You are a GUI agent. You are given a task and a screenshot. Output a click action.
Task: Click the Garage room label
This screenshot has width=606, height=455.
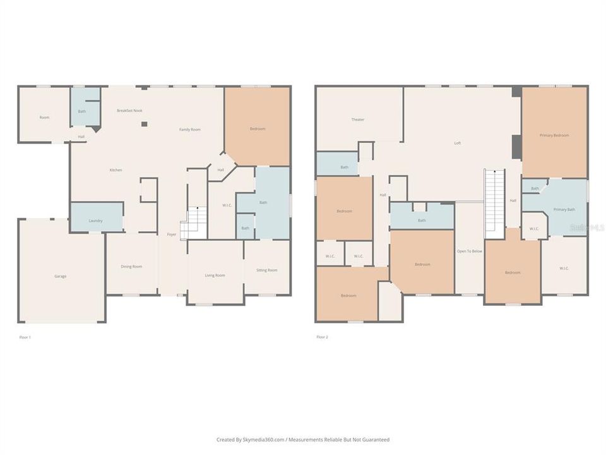(60, 276)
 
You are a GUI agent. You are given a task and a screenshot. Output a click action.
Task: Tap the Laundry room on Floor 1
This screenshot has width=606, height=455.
(95, 221)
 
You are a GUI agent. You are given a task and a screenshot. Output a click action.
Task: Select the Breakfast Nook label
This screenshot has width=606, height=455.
(129, 111)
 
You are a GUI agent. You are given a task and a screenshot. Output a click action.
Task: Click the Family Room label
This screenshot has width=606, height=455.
(189, 130)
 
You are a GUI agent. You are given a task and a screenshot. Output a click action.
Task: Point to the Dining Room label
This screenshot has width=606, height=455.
(131, 267)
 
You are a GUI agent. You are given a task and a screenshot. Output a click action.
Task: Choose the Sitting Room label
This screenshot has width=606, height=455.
(266, 270)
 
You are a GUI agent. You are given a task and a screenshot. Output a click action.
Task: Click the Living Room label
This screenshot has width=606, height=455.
(215, 276)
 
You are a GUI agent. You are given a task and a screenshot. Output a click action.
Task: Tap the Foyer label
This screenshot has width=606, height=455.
(171, 234)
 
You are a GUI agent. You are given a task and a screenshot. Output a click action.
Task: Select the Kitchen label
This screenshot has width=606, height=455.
(116, 170)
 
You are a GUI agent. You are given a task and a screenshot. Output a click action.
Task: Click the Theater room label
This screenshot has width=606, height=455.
(357, 119)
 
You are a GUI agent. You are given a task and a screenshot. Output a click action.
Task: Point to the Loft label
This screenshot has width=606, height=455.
(458, 143)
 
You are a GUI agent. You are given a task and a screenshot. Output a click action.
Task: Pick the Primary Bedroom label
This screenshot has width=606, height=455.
(554, 135)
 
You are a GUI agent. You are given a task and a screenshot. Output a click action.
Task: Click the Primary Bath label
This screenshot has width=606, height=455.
(564, 209)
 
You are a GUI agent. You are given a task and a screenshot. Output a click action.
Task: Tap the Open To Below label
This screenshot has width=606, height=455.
(469, 251)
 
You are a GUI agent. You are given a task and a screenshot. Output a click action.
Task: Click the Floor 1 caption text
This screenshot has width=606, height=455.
(25, 337)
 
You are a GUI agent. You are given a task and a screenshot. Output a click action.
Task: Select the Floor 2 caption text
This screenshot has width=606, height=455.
(322, 337)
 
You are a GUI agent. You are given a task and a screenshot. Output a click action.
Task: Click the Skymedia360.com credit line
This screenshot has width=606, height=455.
(302, 439)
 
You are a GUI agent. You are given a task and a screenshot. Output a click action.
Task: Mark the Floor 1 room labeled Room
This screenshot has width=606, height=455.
(44, 118)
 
